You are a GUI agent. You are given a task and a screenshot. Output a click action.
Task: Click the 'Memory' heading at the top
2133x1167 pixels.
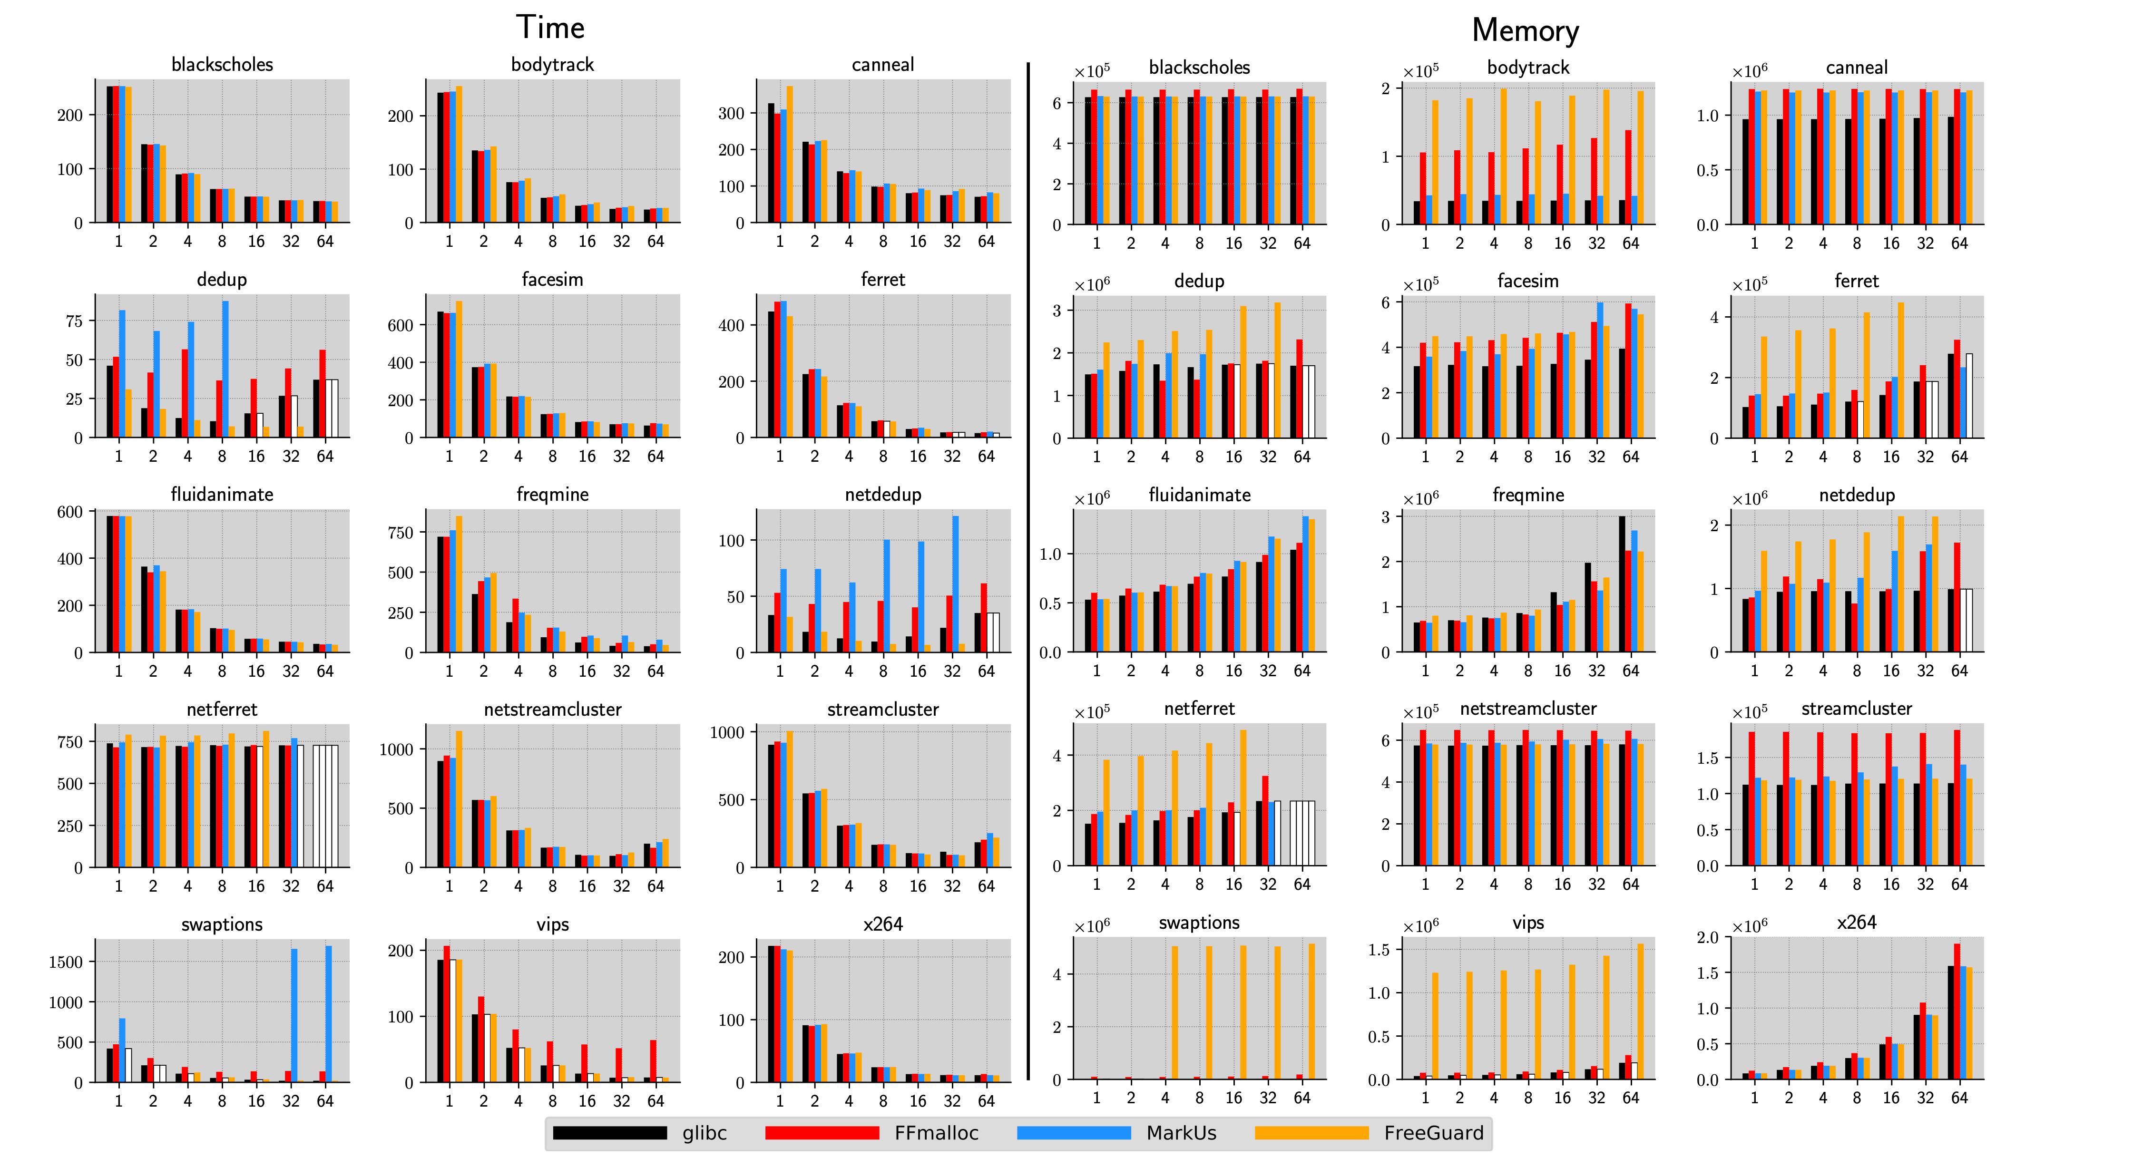pos(1525,30)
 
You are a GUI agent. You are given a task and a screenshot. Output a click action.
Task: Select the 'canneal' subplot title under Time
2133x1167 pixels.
pos(883,65)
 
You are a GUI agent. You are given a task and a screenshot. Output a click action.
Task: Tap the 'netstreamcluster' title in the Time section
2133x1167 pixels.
pos(552,710)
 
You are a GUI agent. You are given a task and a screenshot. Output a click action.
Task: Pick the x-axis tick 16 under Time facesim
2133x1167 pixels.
pos(587,456)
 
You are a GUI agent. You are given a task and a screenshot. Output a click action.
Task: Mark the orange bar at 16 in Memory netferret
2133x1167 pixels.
pos(1243,797)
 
